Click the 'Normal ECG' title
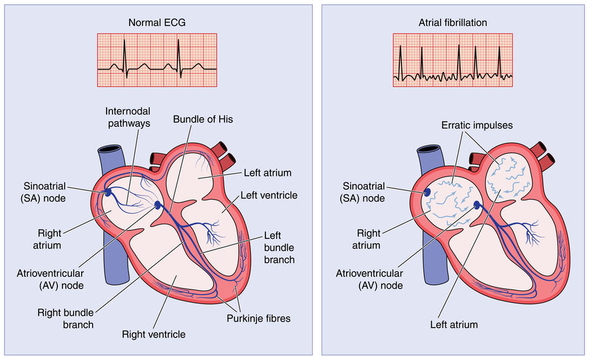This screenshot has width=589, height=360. click(156, 23)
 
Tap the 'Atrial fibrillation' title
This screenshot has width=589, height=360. click(453, 23)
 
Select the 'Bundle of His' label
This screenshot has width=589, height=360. click(203, 119)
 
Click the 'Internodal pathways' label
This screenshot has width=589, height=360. click(128, 117)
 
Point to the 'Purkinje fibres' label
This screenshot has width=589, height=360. click(258, 319)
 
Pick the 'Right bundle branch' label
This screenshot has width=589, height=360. click(65, 319)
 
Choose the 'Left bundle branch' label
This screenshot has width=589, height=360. click(279, 248)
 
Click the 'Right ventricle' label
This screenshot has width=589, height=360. click(154, 335)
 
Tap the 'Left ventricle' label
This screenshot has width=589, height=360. click(269, 195)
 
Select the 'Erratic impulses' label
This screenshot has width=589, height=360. click(477, 125)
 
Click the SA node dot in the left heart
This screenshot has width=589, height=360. click(108, 192)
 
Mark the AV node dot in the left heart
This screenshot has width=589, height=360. click(157, 205)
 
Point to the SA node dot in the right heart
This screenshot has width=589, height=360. click(427, 192)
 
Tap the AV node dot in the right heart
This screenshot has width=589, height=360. click(477, 205)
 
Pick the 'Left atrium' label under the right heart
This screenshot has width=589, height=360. click(454, 325)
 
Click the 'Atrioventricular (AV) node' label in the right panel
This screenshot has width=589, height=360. click(369, 279)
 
